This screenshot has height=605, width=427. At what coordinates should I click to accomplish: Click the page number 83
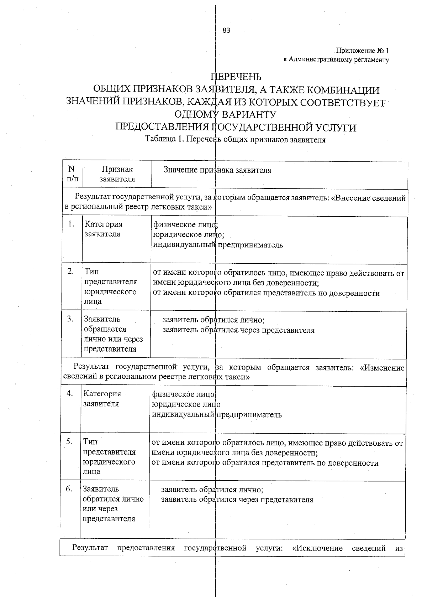[x=226, y=31]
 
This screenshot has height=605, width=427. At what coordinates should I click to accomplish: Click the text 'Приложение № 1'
[x=363, y=51]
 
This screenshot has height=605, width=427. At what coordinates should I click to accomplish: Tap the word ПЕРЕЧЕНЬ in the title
[x=236, y=77]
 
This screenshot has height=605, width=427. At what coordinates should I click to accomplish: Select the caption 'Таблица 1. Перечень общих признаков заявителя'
[x=235, y=140]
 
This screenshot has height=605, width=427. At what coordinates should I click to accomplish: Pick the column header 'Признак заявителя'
[x=117, y=174]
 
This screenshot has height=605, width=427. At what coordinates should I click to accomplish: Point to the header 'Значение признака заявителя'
[x=217, y=170]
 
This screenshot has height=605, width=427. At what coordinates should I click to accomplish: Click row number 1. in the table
[x=71, y=224]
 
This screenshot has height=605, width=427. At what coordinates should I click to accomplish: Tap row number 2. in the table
[x=70, y=271]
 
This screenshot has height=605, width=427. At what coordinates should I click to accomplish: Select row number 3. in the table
[x=70, y=319]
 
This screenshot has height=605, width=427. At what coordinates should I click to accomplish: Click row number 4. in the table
[x=69, y=393]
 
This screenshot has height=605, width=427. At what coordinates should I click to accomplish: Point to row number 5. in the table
[x=69, y=441]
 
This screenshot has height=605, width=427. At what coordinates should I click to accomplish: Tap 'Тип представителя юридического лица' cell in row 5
[x=109, y=456]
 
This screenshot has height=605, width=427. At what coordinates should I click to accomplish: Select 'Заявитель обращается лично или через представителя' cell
[x=113, y=333]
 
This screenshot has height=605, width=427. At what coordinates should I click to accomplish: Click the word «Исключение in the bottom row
[x=317, y=548]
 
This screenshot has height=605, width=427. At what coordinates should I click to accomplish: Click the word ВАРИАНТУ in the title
[x=249, y=115]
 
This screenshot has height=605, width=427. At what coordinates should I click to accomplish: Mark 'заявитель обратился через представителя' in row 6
[x=237, y=499]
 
